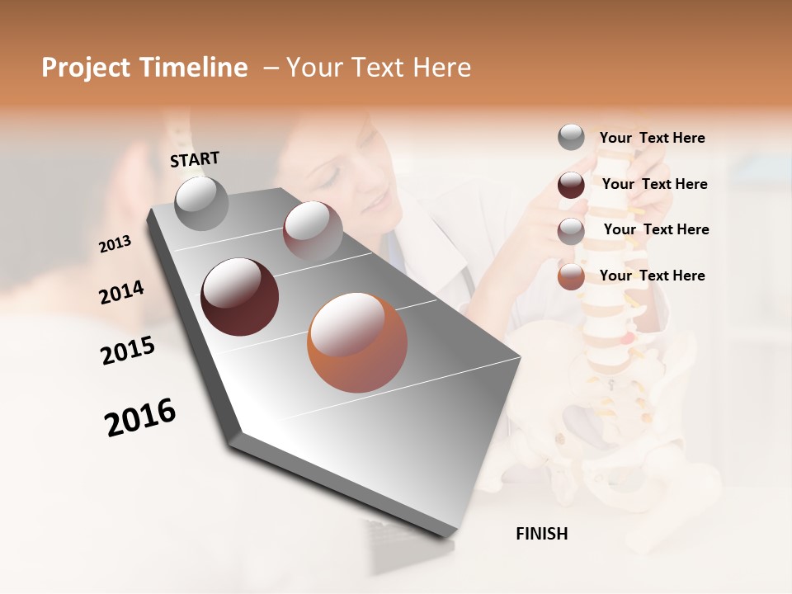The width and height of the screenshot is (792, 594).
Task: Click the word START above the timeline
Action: pyautogui.click(x=195, y=159)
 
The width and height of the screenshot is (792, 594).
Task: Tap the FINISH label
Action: pyautogui.click(x=541, y=534)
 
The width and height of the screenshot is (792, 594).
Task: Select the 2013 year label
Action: pyautogui.click(x=115, y=244)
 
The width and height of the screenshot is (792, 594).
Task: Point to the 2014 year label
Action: pyautogui.click(x=121, y=293)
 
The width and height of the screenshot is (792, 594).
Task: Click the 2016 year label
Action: pyautogui.click(x=140, y=417)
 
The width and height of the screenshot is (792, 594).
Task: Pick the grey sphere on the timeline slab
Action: pyautogui.click(x=201, y=203)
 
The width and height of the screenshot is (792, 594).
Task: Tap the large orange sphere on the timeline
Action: pyautogui.click(x=357, y=342)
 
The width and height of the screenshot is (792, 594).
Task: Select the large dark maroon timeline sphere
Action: pyautogui.click(x=239, y=297)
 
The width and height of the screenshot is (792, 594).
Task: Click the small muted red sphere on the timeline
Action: pyautogui.click(x=313, y=231)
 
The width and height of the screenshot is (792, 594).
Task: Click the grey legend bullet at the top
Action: pyautogui.click(x=571, y=137)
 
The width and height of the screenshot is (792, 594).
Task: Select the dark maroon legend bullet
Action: pyautogui.click(x=571, y=184)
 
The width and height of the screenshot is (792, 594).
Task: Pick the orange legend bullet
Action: pyautogui.click(x=571, y=276)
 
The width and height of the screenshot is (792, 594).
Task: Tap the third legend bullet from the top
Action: pyautogui.click(x=571, y=230)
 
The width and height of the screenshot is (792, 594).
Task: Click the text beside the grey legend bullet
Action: pyautogui.click(x=652, y=139)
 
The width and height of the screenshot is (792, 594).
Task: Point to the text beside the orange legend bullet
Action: pyautogui.click(x=652, y=276)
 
